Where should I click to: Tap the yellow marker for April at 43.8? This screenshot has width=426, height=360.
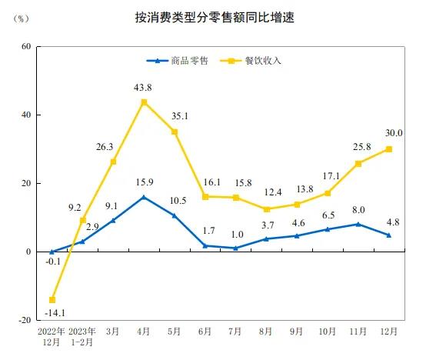144,102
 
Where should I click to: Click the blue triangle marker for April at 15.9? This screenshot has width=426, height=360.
144,198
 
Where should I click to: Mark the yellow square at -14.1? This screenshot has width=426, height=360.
52,300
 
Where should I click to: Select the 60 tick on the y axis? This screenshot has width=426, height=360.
25,46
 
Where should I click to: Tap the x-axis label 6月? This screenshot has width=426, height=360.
205,332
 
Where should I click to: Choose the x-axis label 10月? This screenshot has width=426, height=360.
327,332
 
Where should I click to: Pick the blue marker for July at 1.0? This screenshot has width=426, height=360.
235,248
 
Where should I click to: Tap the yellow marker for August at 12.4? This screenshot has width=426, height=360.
266,209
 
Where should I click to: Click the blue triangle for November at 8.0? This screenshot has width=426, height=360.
358,224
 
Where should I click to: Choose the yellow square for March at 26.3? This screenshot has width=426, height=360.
113,162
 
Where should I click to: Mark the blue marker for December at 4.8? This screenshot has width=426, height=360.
388,235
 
